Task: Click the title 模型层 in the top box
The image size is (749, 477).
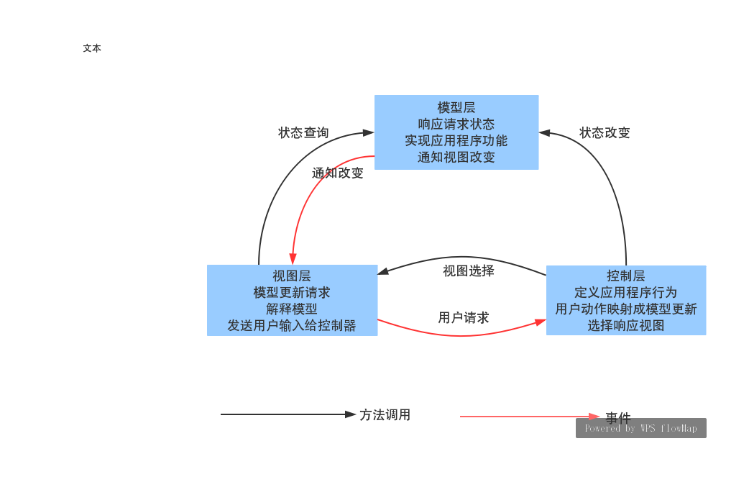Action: (x=456, y=108)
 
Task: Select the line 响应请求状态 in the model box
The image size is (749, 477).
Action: (x=456, y=124)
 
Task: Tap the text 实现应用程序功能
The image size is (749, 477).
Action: (x=456, y=141)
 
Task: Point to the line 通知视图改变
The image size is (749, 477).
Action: (x=456, y=158)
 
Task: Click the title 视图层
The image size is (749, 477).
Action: (x=292, y=276)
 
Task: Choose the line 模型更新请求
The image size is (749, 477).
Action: (x=292, y=293)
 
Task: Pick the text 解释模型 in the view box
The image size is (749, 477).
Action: (x=292, y=309)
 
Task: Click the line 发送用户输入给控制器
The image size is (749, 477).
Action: (x=292, y=326)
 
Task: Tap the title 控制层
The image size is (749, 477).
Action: (x=626, y=276)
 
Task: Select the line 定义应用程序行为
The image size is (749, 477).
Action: (x=626, y=293)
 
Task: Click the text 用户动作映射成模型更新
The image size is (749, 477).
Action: (x=626, y=309)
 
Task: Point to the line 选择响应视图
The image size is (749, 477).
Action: (x=626, y=326)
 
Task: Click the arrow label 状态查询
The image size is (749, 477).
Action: (x=303, y=133)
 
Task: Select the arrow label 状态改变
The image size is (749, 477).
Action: (x=605, y=133)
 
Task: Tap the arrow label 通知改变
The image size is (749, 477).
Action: (x=338, y=173)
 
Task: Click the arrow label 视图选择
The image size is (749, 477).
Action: (x=469, y=271)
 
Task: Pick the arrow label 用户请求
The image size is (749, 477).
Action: (x=464, y=318)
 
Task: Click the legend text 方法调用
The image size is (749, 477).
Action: (x=385, y=415)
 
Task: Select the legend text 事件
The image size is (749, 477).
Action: (x=618, y=418)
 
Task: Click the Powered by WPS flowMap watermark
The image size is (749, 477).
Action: (x=640, y=429)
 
